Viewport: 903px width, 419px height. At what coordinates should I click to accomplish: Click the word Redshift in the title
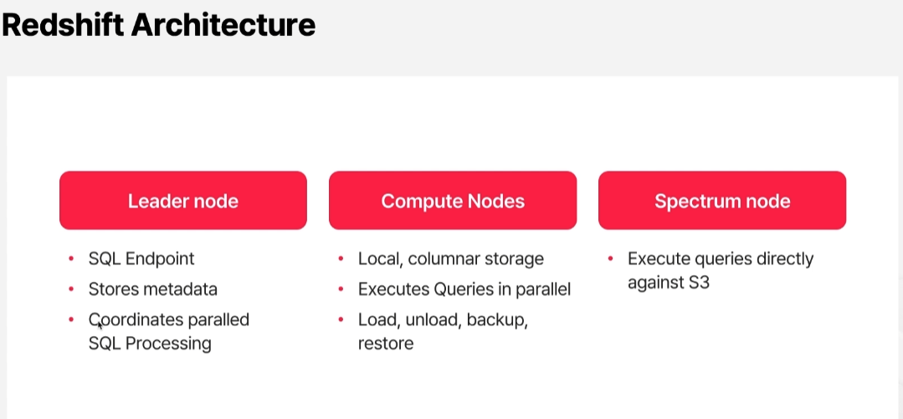coord(63,25)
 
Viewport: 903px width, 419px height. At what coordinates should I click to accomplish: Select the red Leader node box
coord(183,200)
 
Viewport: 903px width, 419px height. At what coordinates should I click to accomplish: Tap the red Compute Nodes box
coord(453,200)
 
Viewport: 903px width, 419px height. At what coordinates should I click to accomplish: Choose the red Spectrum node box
coord(722,200)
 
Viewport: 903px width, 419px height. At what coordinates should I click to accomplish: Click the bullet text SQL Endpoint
coord(141,259)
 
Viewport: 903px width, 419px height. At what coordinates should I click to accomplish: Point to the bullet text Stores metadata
coord(153,289)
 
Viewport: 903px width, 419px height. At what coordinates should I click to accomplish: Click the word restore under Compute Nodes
coord(386,344)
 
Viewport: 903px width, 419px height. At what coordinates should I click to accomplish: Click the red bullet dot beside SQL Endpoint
coord(71,258)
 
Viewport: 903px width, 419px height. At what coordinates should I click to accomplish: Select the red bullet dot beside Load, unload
coord(341,319)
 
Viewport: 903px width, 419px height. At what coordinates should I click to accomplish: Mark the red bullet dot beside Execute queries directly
coord(610,258)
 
